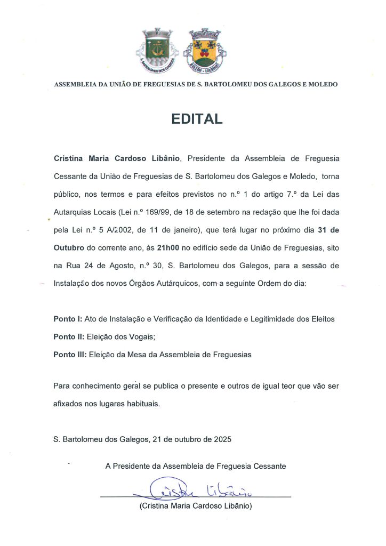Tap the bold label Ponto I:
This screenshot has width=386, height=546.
(x=68, y=319)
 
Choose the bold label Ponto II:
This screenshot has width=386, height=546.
(x=69, y=336)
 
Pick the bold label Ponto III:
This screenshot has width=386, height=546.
(x=70, y=354)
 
